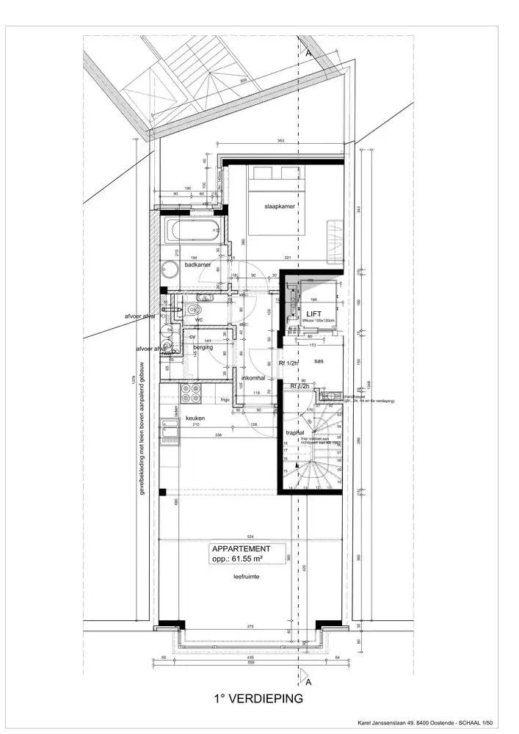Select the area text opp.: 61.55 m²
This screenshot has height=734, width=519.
coord(236,559)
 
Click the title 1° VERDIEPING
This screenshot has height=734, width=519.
coord(258,700)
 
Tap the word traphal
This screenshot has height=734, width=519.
coord(295,433)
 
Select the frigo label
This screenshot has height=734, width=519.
coord(225,400)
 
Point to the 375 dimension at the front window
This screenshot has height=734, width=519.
coord(250,626)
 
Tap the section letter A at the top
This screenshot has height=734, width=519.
coord(308,53)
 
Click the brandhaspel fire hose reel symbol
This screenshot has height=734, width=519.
coord(324,397)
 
